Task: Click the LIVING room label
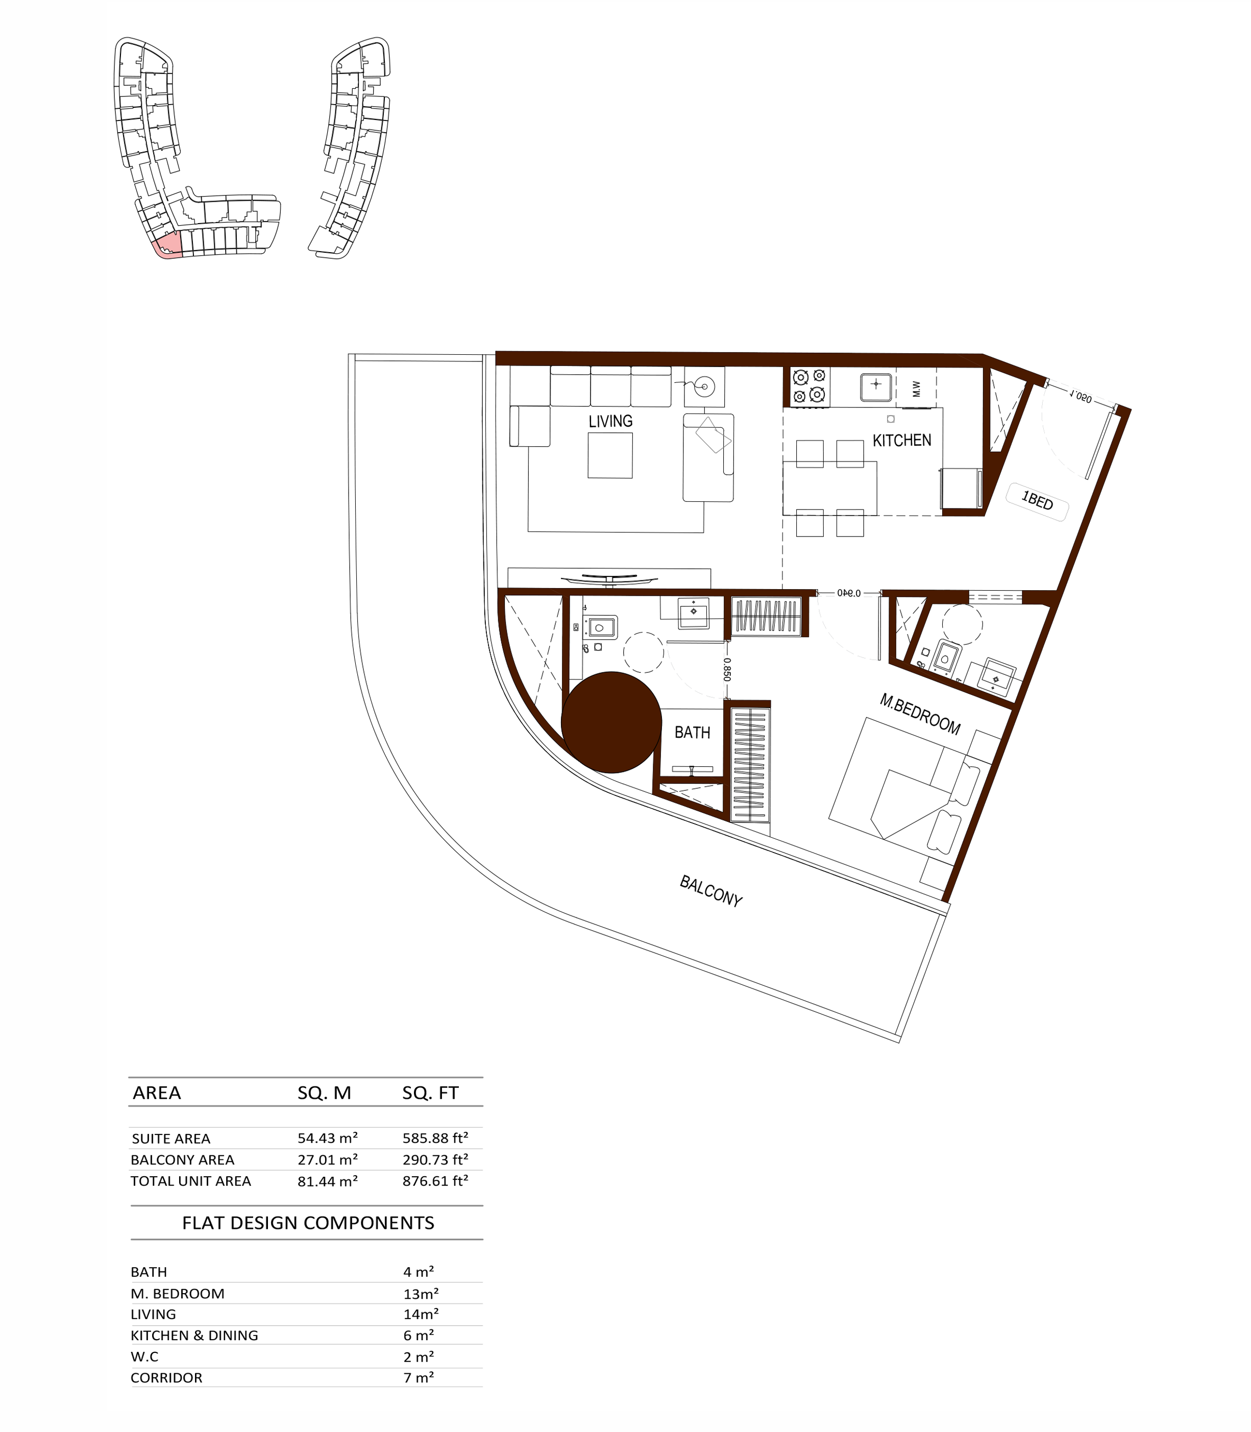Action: click(x=610, y=421)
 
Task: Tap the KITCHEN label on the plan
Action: click(x=901, y=440)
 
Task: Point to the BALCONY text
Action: click(x=710, y=891)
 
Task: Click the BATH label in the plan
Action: click(x=692, y=733)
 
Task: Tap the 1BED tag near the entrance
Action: click(x=1037, y=501)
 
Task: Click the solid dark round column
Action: click(x=611, y=722)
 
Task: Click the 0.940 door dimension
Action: click(x=848, y=593)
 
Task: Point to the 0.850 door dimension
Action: click(x=727, y=669)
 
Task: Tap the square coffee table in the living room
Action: click(x=609, y=455)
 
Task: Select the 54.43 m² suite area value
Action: click(x=327, y=1137)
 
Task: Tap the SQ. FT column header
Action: click(x=430, y=1093)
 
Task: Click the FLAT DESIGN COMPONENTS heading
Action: click(x=308, y=1223)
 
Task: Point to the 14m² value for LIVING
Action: click(x=421, y=1314)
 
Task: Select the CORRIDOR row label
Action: click(x=166, y=1377)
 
